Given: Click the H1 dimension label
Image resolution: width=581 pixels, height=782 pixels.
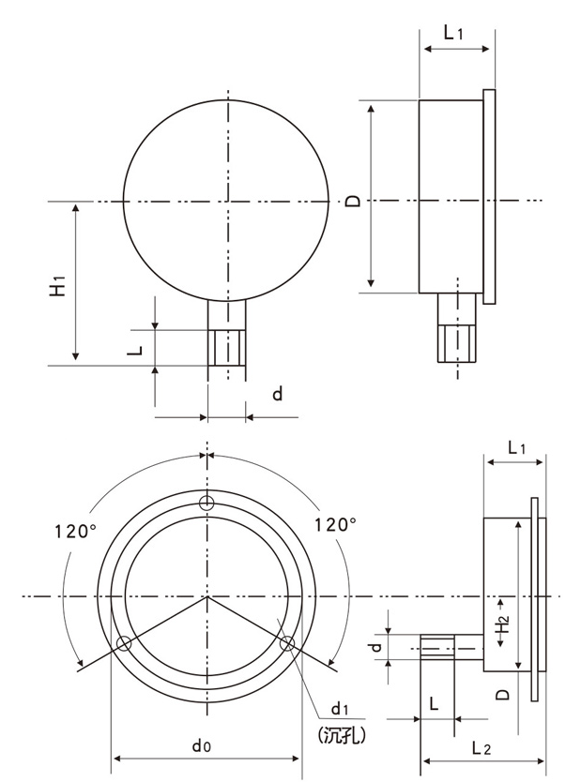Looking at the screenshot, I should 57,285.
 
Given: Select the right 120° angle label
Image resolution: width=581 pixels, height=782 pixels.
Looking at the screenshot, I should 335,524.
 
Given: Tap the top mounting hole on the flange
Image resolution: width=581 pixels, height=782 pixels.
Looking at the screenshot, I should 206,504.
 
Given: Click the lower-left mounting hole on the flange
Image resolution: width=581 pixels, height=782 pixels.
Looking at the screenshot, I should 123,643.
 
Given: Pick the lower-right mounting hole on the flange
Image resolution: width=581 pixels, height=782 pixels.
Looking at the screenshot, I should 288,643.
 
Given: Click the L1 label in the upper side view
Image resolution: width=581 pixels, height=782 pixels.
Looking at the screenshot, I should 453,33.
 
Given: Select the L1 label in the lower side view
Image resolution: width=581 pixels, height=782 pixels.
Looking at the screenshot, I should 516,447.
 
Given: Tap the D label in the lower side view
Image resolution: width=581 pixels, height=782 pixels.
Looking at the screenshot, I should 503,694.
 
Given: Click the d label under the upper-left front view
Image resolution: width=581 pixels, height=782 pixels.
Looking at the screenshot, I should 277,395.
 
